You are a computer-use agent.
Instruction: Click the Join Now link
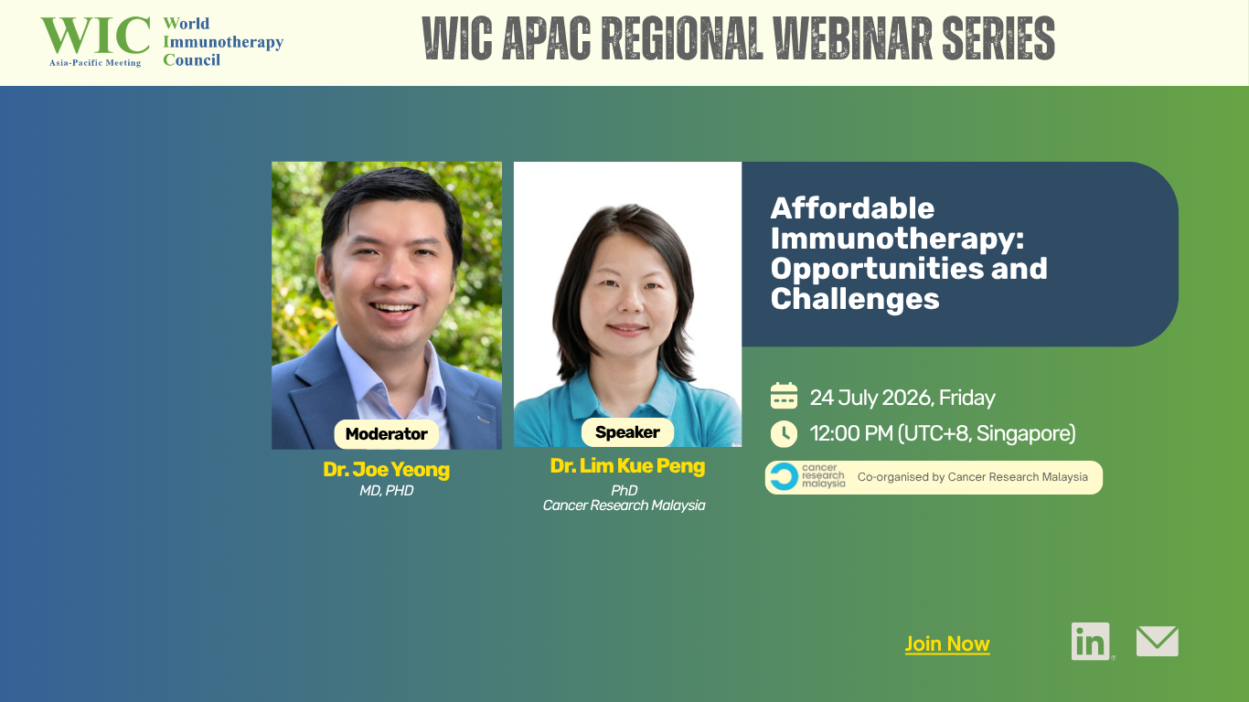(x=946, y=644)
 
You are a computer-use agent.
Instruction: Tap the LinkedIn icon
(x=1090, y=642)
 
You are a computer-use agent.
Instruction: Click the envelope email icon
(x=1157, y=642)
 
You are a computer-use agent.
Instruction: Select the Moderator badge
(x=387, y=434)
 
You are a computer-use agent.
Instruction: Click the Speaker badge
(x=627, y=432)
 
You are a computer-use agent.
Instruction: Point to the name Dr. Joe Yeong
(x=387, y=470)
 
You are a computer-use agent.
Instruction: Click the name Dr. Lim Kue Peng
(x=627, y=465)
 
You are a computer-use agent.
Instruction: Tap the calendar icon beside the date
(x=784, y=396)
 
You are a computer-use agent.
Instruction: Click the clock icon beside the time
(x=784, y=434)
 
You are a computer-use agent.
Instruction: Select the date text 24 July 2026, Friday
(x=902, y=398)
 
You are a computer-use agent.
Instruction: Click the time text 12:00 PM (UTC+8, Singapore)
(x=943, y=433)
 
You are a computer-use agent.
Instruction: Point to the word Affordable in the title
(x=852, y=208)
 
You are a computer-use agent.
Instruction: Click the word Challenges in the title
(x=855, y=299)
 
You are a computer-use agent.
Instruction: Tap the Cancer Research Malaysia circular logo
(x=784, y=477)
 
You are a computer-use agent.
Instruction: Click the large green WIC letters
(x=95, y=35)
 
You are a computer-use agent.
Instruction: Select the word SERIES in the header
(x=998, y=37)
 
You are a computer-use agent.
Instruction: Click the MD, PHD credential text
(x=387, y=491)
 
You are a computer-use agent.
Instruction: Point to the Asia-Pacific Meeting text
(x=95, y=63)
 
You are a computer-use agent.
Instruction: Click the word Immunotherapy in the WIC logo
(x=223, y=42)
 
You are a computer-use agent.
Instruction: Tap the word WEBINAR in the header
(x=852, y=37)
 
